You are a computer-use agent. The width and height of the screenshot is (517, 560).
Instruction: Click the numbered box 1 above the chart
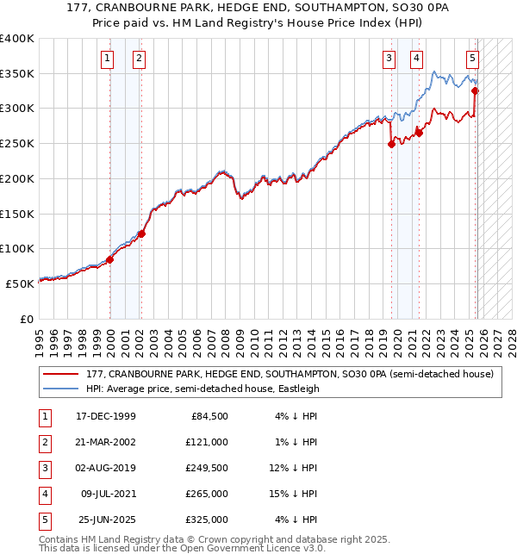pyautogui.click(x=107, y=59)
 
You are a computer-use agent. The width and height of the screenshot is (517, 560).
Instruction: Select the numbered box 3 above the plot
pyautogui.click(x=389, y=59)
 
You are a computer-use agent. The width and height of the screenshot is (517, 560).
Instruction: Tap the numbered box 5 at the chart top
pyautogui.click(x=473, y=59)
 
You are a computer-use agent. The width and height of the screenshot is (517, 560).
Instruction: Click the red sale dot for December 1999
pyautogui.click(x=110, y=259)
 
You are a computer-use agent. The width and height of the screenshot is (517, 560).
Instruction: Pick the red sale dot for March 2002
pyautogui.click(x=141, y=233)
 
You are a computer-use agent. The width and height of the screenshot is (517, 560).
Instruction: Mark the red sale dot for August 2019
pyautogui.click(x=391, y=144)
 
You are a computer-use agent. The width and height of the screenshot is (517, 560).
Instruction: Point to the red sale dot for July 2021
pyautogui.click(x=419, y=133)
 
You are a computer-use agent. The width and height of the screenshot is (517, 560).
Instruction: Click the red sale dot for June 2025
pyautogui.click(x=476, y=90)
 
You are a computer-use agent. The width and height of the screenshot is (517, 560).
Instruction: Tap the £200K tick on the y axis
pyautogui.click(x=17, y=178)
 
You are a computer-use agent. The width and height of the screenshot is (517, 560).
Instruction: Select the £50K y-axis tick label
pyautogui.click(x=20, y=283)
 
